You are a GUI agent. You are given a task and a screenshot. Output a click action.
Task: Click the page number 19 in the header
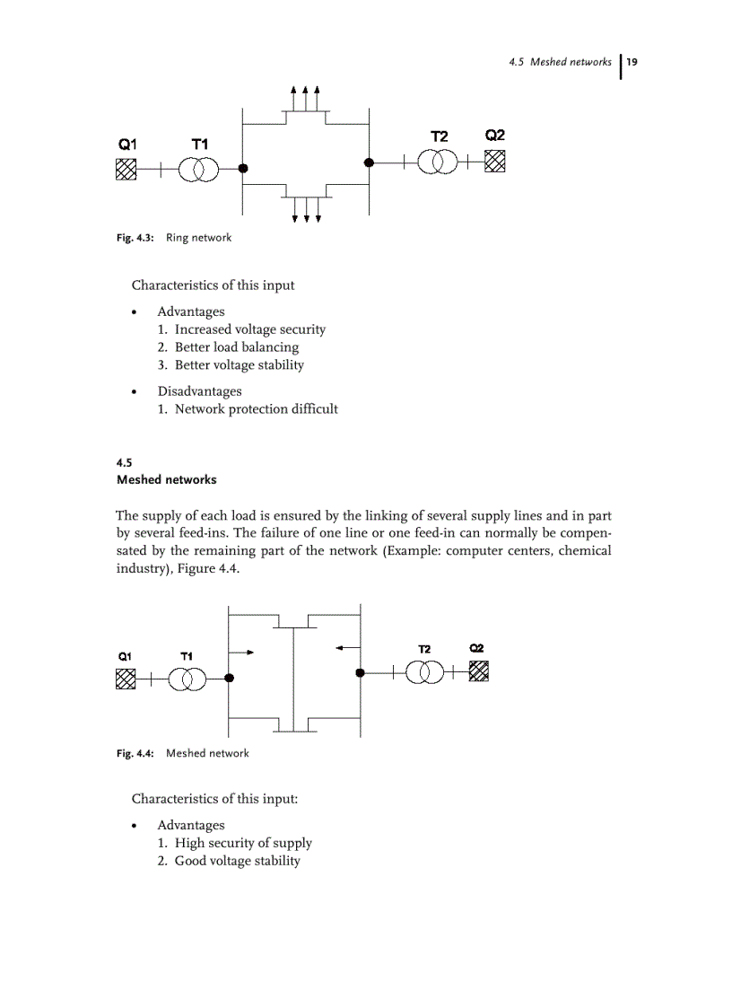click(632, 62)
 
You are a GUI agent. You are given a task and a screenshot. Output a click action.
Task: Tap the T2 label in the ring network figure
click(439, 136)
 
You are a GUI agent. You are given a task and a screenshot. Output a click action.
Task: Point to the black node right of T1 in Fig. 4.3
click(243, 169)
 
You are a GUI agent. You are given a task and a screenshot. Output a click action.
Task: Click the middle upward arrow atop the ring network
click(306, 94)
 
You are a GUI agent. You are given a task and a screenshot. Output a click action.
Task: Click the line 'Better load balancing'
click(237, 347)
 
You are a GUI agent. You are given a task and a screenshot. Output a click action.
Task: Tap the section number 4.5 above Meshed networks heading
click(125, 463)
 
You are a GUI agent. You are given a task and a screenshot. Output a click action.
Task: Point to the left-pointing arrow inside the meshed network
click(344, 645)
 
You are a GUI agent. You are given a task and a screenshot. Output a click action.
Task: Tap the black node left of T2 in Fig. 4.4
click(360, 672)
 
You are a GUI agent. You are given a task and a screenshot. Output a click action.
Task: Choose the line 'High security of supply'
click(243, 843)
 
